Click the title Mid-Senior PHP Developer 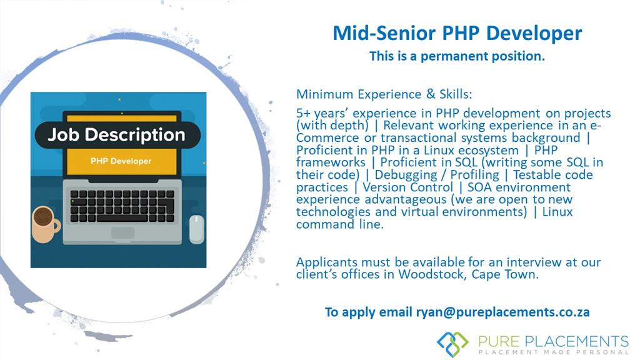click(x=457, y=34)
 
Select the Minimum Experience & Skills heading click(x=384, y=94)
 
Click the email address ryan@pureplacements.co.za click(x=503, y=312)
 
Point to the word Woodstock click(x=432, y=274)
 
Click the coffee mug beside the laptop click(x=46, y=224)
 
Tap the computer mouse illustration click(x=196, y=229)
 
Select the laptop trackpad click(x=122, y=232)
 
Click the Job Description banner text click(x=116, y=135)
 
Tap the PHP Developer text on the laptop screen click(x=121, y=161)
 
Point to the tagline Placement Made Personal click(x=554, y=352)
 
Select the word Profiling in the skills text click(x=475, y=175)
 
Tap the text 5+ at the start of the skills click(x=303, y=113)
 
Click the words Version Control click(x=407, y=187)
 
